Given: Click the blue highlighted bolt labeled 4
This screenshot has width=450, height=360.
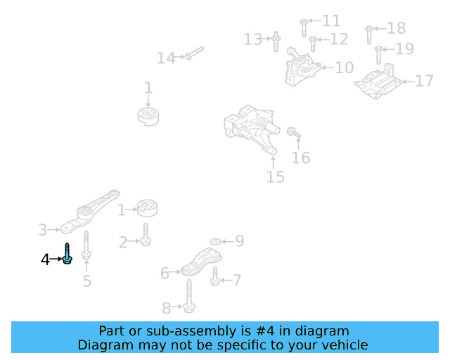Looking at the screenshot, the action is click(x=67, y=254).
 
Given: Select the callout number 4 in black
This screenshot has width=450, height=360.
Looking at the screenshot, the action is click(x=45, y=259).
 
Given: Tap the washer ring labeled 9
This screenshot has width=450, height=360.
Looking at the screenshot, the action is click(x=216, y=242).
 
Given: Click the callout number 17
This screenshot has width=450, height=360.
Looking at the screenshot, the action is click(x=424, y=81).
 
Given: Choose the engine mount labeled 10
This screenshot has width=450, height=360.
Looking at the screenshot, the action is click(x=302, y=67).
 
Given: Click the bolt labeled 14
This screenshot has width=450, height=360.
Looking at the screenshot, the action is click(x=195, y=53).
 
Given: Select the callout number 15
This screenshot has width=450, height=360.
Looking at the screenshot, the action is click(x=276, y=177).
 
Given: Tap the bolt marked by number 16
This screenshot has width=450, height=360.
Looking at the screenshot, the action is click(x=294, y=133).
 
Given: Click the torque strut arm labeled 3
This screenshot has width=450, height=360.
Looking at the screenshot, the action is click(x=89, y=211).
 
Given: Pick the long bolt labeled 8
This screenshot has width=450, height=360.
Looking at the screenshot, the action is click(x=189, y=296).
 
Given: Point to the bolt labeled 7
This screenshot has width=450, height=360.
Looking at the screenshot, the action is click(x=215, y=276).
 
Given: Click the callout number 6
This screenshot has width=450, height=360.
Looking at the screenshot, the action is click(x=165, y=273).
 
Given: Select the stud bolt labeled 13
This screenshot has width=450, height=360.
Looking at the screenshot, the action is click(x=276, y=41).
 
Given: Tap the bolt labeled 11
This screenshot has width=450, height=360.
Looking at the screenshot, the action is click(x=304, y=28).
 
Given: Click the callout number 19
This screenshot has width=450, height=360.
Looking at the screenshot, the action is click(x=405, y=49).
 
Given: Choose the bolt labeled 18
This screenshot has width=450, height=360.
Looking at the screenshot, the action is click(x=369, y=35).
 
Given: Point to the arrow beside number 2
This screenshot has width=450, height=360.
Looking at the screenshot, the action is click(x=134, y=241).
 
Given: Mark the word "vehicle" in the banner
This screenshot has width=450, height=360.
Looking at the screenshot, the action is click(x=345, y=345).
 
